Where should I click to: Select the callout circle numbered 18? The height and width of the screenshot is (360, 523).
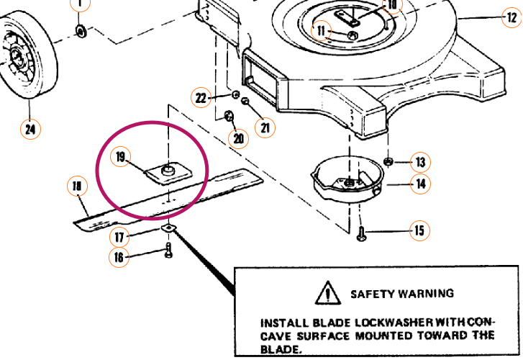[77, 186]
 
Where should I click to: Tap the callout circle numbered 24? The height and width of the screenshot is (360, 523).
[29, 130]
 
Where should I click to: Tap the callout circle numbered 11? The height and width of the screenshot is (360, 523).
[322, 30]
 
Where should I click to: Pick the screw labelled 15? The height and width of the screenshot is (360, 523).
[361, 232]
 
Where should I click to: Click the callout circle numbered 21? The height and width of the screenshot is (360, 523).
[266, 127]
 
